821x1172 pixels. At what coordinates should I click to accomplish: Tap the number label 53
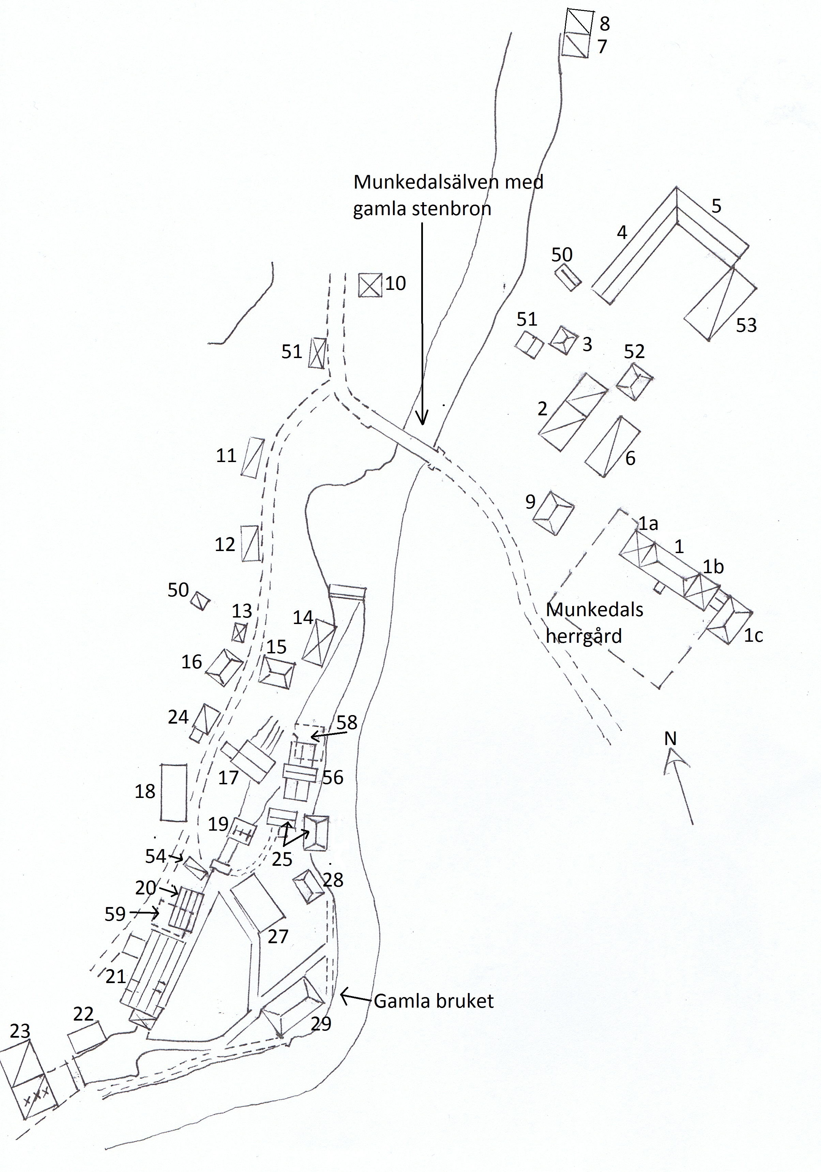coord(746,325)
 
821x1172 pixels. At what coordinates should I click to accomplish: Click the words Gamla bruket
coord(434,1002)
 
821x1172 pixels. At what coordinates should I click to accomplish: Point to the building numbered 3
coord(563,340)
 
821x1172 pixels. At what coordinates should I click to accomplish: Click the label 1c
coord(753,636)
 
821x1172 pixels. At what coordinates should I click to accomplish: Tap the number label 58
coord(347,722)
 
